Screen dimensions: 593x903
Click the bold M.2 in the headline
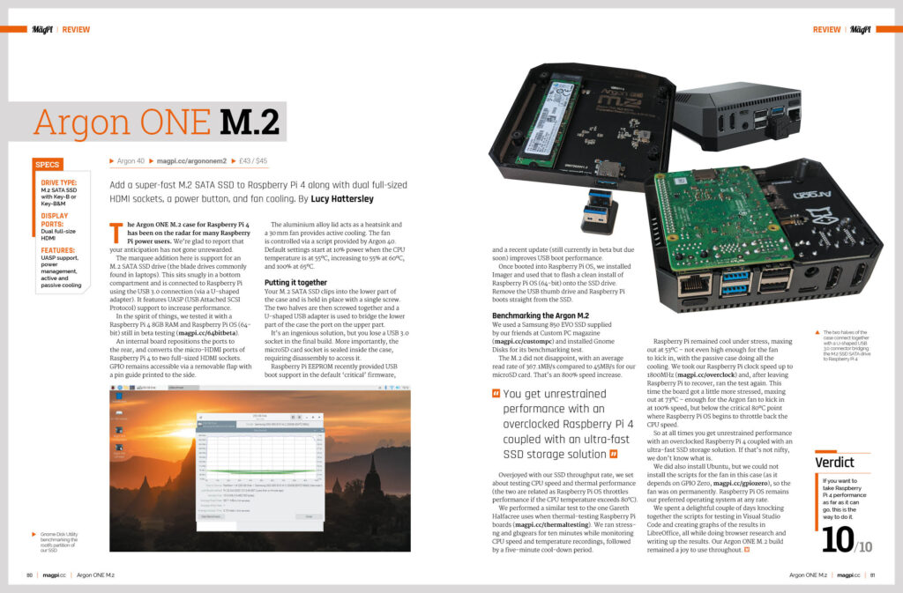pos(250,122)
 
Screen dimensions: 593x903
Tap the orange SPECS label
pos(47,164)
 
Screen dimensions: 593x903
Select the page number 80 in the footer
pos(31,575)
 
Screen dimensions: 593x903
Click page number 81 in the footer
pos(871,575)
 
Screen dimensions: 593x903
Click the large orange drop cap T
pos(116,233)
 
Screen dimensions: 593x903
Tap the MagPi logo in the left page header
pos(43,29)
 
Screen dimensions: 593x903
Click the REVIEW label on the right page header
pos(826,29)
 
